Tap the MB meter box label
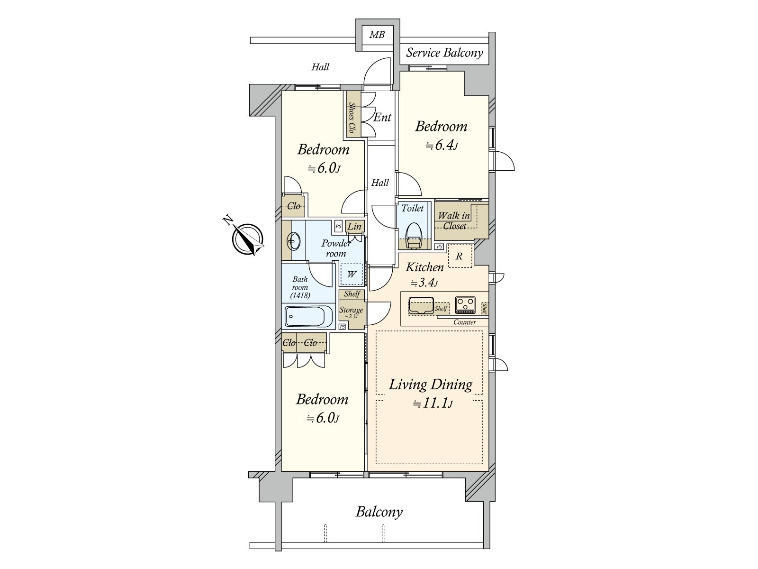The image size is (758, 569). [377, 35]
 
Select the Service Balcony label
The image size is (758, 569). [444, 53]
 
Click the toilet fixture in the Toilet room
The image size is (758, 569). [414, 235]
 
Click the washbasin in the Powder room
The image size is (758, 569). [293, 242]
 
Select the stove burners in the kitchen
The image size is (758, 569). [465, 304]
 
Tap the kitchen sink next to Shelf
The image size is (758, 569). [421, 305]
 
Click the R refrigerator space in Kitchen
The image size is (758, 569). [459, 257]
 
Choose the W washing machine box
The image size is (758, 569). [352, 275]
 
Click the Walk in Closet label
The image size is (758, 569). [454, 221]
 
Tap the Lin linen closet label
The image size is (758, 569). [354, 227]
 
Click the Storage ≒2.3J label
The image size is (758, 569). [351, 312]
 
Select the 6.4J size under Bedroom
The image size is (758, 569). [442, 145]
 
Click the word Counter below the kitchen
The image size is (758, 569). [464, 322]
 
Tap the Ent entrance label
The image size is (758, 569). [382, 117]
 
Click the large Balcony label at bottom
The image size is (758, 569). [379, 512]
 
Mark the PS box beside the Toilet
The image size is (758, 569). [439, 247]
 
